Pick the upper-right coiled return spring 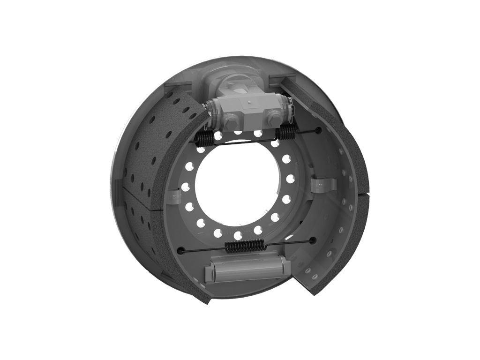click(285, 133)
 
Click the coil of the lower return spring click(245, 245)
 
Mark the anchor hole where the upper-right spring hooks click(319, 130)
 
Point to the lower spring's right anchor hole click(313, 240)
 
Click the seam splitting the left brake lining click(141, 202)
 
